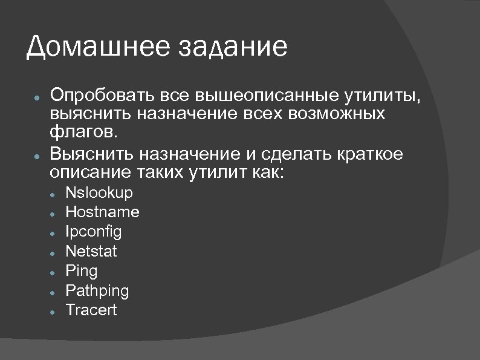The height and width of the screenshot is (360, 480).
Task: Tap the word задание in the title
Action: [x=232, y=47]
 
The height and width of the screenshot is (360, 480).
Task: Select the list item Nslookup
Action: [x=99, y=193]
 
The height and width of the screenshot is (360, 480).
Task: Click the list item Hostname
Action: [x=102, y=212]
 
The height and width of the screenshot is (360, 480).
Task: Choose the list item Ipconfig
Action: [x=93, y=232]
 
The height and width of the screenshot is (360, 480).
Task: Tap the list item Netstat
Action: [x=91, y=251]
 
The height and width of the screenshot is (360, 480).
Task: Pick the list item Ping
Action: [x=81, y=270]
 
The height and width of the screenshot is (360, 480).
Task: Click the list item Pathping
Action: [x=97, y=290]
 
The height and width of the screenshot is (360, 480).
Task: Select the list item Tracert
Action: [x=91, y=310]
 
